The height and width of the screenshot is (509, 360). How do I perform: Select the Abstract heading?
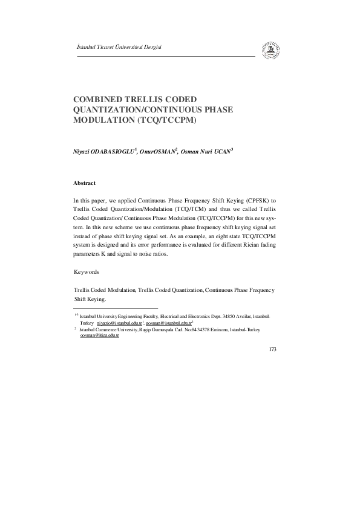pyautogui.click(x=84, y=182)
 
